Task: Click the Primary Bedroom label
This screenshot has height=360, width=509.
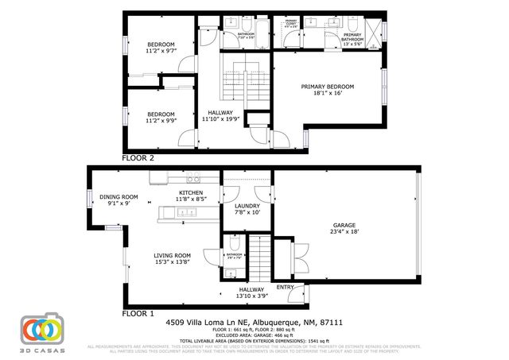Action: (327, 87)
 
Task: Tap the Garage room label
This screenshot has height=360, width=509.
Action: (344, 226)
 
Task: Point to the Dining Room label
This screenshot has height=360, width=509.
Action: (119, 197)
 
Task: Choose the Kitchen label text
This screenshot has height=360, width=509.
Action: (191, 193)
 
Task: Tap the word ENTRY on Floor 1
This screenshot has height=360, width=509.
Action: (284, 287)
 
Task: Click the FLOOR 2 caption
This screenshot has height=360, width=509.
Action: (138, 158)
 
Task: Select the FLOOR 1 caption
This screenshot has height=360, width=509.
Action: (138, 314)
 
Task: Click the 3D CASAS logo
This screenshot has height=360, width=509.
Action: (41, 331)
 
